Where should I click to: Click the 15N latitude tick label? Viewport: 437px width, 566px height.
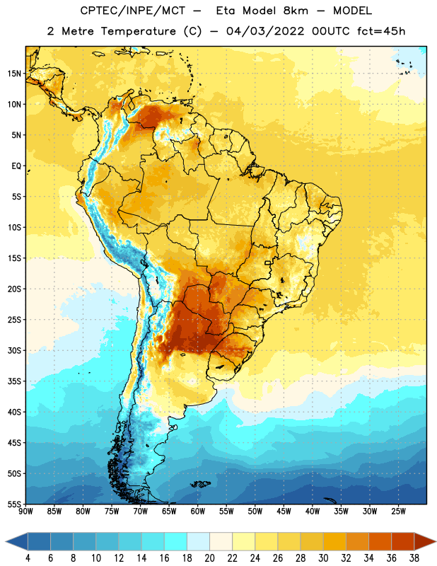tap(14, 74)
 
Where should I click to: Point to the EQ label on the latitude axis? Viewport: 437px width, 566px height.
tap(16, 166)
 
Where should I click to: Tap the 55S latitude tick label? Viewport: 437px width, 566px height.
tap(14, 504)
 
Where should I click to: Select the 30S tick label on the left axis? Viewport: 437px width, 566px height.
tap(14, 350)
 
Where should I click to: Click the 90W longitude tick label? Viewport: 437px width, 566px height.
tap(25, 512)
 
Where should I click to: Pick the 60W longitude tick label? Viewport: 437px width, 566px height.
tap(198, 512)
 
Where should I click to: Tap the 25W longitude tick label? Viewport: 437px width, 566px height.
tap(398, 512)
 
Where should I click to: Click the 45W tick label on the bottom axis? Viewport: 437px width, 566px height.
tap(284, 512)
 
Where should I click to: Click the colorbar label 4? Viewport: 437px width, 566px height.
tap(28, 558)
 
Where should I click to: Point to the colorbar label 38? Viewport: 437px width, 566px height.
tap(414, 558)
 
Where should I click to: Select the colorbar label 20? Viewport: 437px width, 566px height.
tap(209, 558)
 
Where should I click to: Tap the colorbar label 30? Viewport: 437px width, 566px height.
tap(323, 558)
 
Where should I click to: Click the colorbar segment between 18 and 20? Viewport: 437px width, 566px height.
tap(198, 541)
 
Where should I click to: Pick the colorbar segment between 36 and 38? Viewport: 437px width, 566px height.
tap(403, 541)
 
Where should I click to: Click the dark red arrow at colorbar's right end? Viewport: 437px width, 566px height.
tap(424, 541)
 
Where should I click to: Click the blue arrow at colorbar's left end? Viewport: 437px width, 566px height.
tap(16, 541)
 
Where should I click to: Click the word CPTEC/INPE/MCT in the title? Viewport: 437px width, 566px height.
tap(133, 11)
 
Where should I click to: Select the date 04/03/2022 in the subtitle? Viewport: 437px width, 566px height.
tap(265, 31)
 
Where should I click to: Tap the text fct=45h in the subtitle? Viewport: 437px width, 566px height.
tap(381, 31)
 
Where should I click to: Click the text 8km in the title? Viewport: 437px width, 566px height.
tap(296, 11)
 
